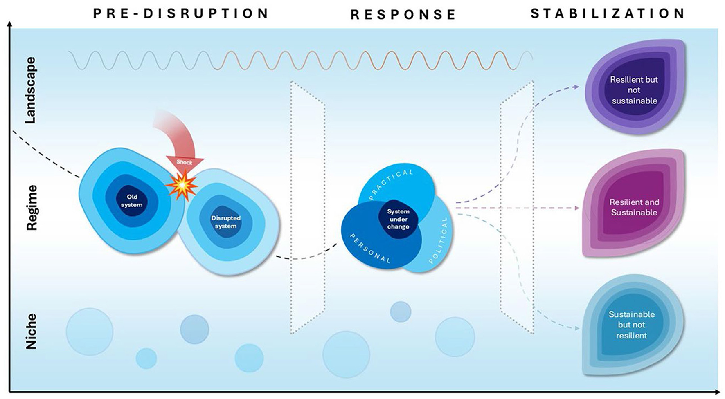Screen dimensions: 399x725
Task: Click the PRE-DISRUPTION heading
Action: point(180,13)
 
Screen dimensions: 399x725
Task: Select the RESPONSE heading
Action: point(403,15)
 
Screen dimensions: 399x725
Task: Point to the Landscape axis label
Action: point(31,90)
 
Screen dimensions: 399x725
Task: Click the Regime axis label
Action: point(32,208)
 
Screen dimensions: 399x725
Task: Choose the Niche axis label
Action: point(31,331)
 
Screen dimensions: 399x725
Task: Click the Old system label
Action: point(132,201)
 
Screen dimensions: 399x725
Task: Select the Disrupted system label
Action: point(226,222)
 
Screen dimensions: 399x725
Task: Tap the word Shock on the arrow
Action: point(184,162)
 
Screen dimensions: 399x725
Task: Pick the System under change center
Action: point(398,219)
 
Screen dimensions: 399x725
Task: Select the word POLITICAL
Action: point(439,241)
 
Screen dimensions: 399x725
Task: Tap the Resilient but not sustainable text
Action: point(634,90)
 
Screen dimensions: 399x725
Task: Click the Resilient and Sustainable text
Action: point(634,207)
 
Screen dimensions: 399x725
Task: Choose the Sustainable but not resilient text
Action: point(631,325)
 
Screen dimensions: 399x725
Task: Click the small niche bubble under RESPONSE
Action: point(400,312)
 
